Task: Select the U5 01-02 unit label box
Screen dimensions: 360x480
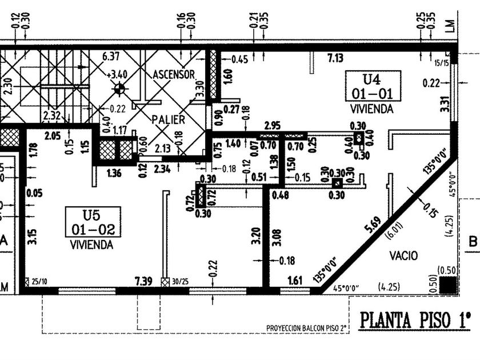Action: [93, 222]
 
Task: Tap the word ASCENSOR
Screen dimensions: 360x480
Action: [174, 75]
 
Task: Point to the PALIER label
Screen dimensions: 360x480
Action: [168, 120]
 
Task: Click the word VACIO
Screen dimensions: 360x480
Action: [404, 255]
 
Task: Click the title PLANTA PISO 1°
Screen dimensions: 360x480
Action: [416, 321]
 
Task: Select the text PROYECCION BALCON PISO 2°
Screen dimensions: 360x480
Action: [307, 328]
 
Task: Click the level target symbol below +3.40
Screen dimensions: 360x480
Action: [119, 89]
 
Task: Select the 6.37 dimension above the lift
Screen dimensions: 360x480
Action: [111, 57]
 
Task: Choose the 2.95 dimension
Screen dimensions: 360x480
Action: [273, 125]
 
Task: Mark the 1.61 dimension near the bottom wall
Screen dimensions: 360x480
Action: [294, 281]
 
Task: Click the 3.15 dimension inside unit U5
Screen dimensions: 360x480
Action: [33, 236]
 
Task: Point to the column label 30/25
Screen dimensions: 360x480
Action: [181, 281]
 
